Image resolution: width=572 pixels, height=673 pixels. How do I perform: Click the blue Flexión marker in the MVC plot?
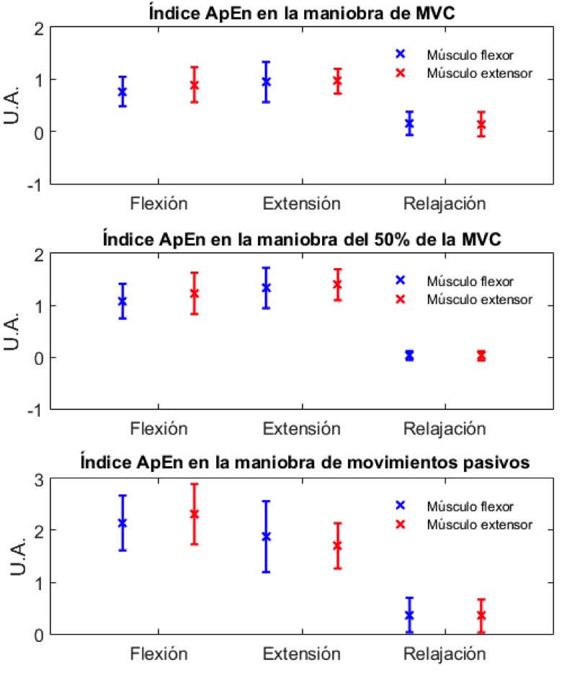[x=122, y=92]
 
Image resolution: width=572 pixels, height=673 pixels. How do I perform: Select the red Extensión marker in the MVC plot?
[x=337, y=81]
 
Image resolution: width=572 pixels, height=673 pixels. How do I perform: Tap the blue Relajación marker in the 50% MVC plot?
[x=409, y=355]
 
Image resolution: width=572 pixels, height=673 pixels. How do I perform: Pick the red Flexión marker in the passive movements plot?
[x=194, y=514]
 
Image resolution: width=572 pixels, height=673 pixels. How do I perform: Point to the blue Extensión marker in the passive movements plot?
[x=266, y=536]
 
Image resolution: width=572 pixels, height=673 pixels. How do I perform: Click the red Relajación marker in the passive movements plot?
[x=481, y=615]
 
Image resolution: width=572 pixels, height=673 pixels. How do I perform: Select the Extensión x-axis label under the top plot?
[x=301, y=203]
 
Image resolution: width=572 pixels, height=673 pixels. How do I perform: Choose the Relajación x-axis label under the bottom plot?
[x=444, y=654]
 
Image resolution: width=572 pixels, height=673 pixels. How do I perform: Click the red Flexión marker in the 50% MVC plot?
[x=194, y=293]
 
